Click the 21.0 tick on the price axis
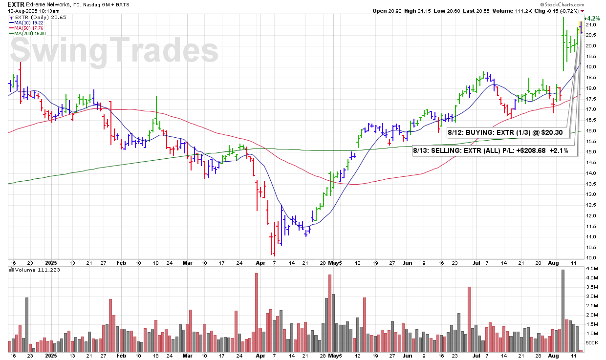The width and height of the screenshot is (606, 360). point(591,24)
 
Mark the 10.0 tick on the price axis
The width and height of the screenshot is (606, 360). point(591,258)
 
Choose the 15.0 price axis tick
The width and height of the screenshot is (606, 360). point(591,152)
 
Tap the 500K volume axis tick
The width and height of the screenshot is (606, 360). point(592,342)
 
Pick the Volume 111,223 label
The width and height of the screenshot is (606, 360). point(37,270)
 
